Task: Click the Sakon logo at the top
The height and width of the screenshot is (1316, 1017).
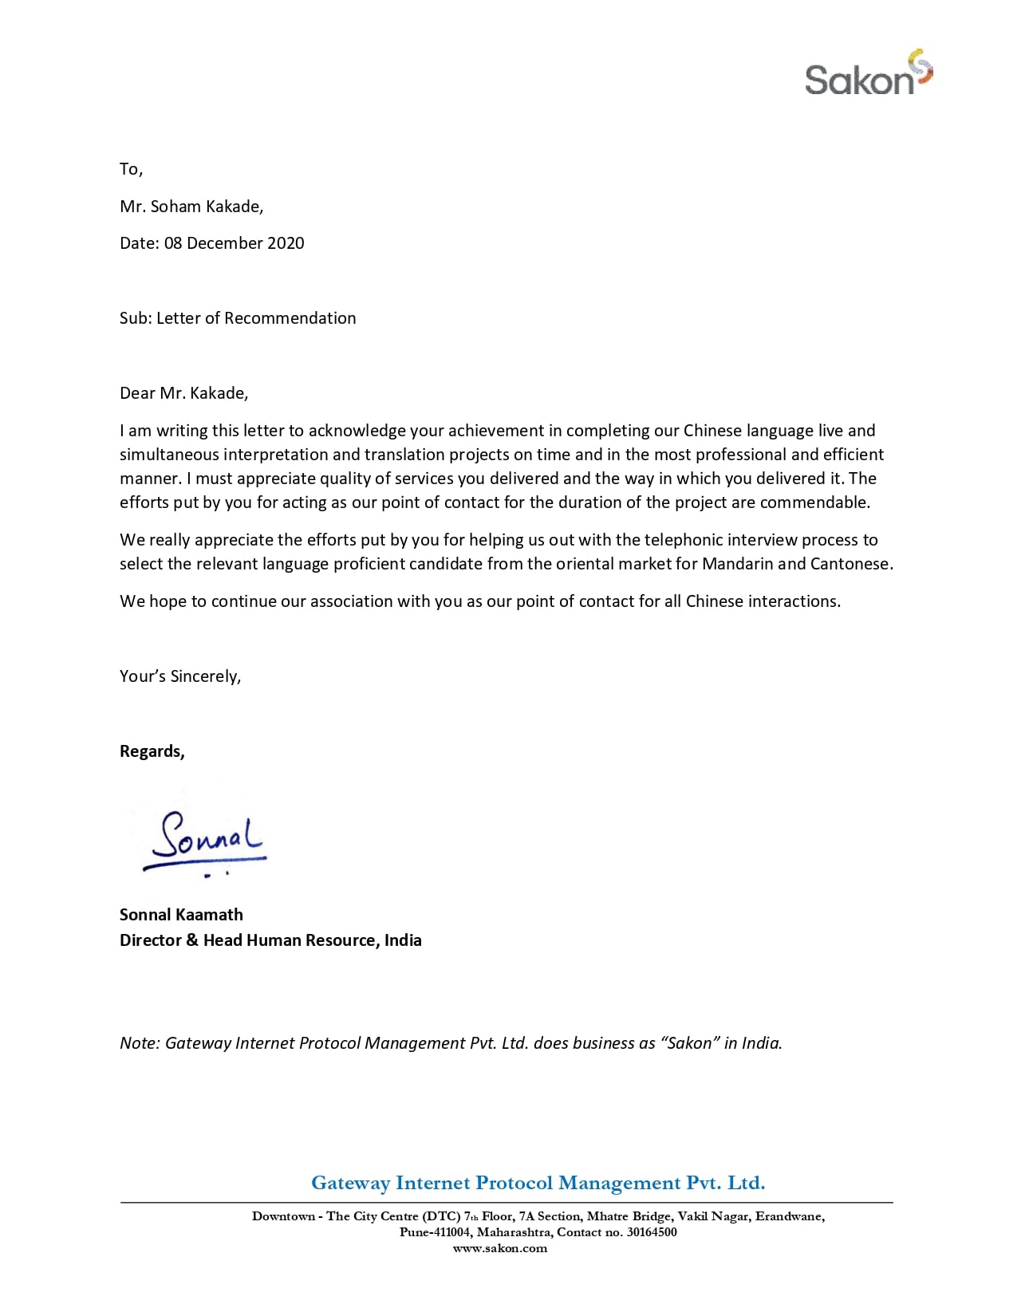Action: pos(868,74)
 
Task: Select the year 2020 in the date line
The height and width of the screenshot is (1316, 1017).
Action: pos(286,243)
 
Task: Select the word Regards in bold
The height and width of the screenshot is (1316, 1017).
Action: pos(151,751)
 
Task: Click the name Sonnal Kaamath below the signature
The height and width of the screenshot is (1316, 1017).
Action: pos(181,915)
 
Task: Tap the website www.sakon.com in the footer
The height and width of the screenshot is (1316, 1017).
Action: pos(500,1249)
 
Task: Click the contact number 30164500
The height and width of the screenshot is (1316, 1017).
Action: pos(652,1232)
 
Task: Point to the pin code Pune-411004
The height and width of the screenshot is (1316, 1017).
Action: pos(435,1232)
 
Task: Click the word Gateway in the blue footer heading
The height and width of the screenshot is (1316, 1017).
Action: pos(350,1183)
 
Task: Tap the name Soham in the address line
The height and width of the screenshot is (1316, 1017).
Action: pos(175,207)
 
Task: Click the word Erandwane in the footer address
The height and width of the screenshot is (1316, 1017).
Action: pos(789,1216)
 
